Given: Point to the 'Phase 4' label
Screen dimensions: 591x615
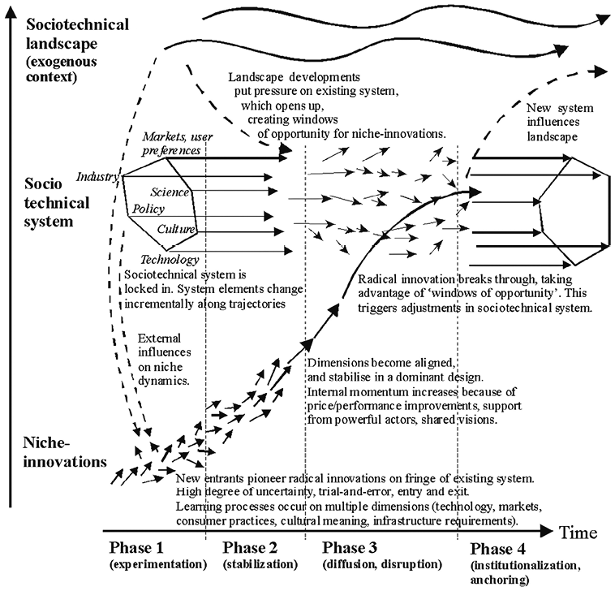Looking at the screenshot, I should (499, 546).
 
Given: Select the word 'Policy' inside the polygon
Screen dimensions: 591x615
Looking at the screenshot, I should (149, 209).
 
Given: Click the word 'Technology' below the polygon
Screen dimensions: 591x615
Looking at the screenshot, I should (170, 260).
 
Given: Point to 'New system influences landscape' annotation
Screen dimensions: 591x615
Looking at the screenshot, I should (559, 122).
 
